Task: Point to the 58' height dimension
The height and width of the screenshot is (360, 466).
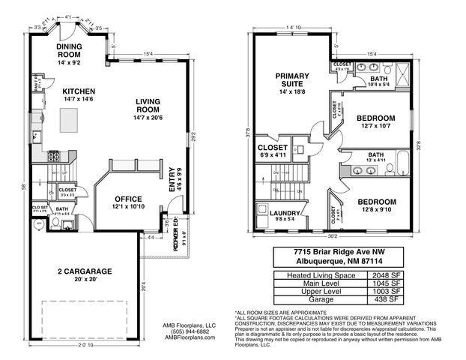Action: pyautogui.click(x=25, y=187)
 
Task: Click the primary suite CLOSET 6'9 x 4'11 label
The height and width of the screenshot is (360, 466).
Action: pyautogui.click(x=274, y=148)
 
